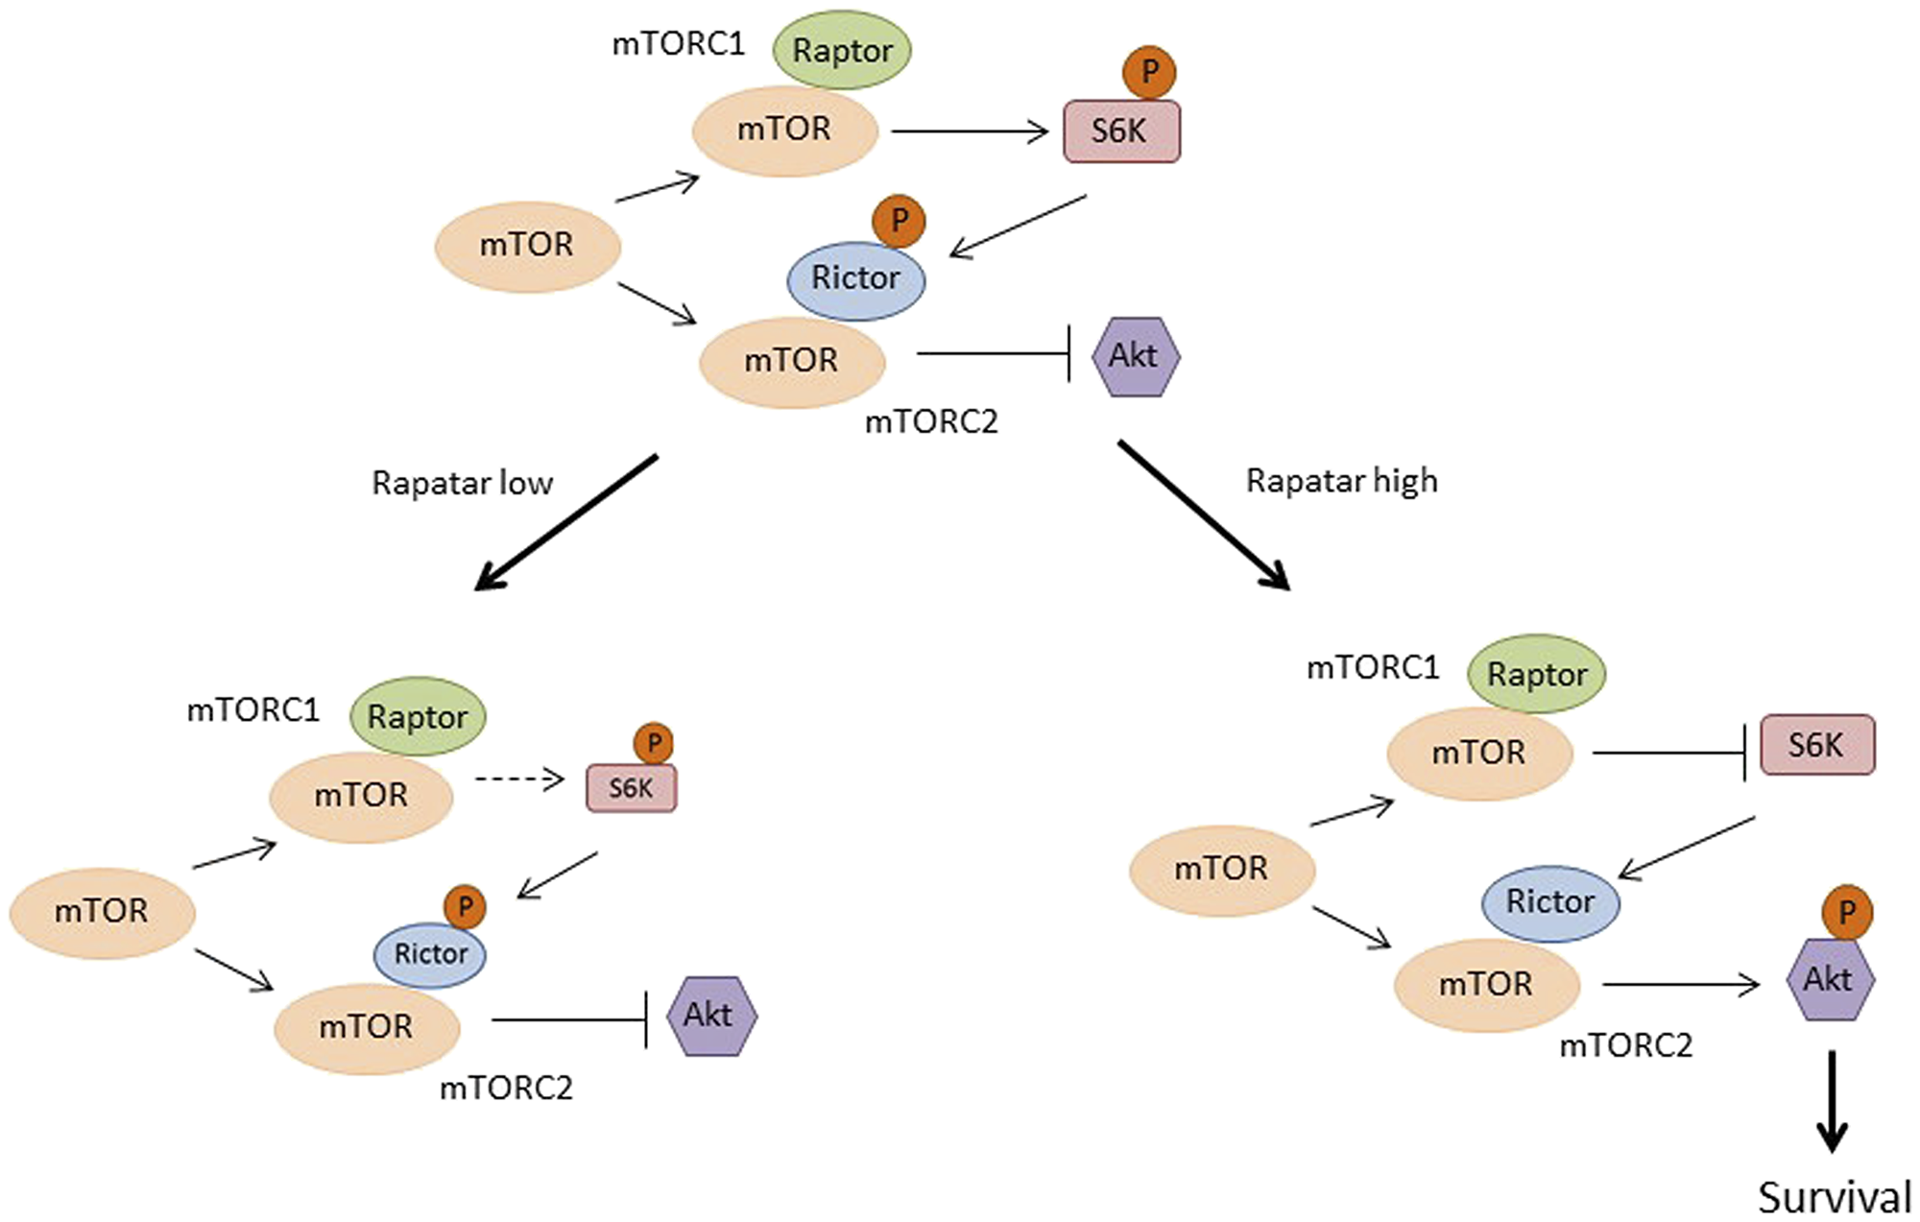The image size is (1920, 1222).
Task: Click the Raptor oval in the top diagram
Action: pyautogui.click(x=842, y=50)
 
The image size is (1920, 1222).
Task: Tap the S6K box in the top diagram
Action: pyautogui.click(x=1121, y=132)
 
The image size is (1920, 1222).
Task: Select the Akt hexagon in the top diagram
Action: pyautogui.click(x=1135, y=357)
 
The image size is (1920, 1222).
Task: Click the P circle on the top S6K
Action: pyautogui.click(x=1149, y=72)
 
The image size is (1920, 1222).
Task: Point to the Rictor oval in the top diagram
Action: pyautogui.click(x=855, y=279)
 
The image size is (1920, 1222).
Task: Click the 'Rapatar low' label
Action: pyautogui.click(x=462, y=483)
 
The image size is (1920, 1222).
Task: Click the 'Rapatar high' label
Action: pyautogui.click(x=1341, y=480)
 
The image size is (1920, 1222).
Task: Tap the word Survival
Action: pyautogui.click(x=1835, y=1197)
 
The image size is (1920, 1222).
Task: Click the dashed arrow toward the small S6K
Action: pyautogui.click(x=518, y=779)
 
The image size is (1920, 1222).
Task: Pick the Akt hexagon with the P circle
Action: pyautogui.click(x=1830, y=979)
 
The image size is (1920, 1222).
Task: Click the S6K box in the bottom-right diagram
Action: pyautogui.click(x=1816, y=745)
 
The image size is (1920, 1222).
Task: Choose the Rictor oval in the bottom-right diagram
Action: pyautogui.click(x=1550, y=902)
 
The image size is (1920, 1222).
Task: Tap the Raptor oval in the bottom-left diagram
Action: pyautogui.click(x=418, y=716)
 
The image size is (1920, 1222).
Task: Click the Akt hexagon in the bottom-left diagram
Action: pyautogui.click(x=709, y=1016)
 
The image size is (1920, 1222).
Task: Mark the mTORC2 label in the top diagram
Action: pyautogui.click(x=931, y=421)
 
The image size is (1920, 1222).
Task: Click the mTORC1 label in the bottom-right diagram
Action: pyautogui.click(x=1373, y=667)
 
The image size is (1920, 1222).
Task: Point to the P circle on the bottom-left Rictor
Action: pyautogui.click(x=465, y=907)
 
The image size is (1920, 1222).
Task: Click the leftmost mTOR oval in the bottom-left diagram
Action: pyautogui.click(x=102, y=911)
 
